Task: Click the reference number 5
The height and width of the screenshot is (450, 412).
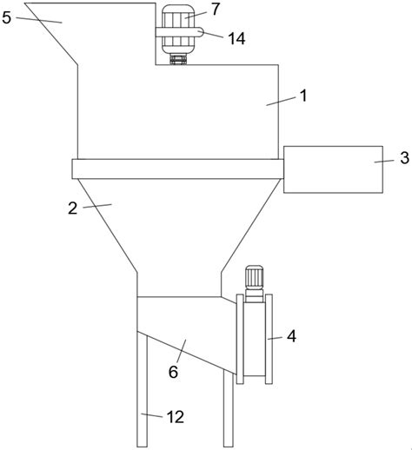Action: pyautogui.click(x=6, y=17)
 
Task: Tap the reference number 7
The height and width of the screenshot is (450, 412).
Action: pyautogui.click(x=216, y=10)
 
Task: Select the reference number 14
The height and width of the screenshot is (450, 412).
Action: pyautogui.click(x=236, y=38)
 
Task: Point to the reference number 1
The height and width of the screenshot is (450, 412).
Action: pyautogui.click(x=303, y=96)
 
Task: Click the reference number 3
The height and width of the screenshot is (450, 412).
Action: pyautogui.click(x=404, y=157)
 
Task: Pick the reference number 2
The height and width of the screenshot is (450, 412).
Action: pyautogui.click(x=73, y=208)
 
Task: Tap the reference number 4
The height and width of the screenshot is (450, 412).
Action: pyautogui.click(x=291, y=336)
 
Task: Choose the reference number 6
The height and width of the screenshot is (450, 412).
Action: pyautogui.click(x=173, y=372)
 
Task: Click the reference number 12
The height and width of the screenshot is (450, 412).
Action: pyautogui.click(x=176, y=417)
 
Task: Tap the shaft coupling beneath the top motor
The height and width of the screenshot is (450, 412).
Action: pyautogui.click(x=178, y=59)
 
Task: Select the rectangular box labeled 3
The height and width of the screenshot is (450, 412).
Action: pyautogui.click(x=333, y=169)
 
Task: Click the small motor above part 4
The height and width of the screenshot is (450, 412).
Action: pyautogui.click(x=254, y=280)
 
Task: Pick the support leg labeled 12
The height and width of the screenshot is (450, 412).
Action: pyautogui.click(x=142, y=389)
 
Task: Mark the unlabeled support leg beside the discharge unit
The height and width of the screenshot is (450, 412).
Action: pyautogui.click(x=229, y=409)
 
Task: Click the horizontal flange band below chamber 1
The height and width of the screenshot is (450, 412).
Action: pyautogui.click(x=177, y=169)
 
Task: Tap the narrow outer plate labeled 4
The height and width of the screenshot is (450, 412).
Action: pyautogui.click(x=269, y=339)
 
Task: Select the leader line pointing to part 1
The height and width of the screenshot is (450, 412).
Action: pyautogui.click(x=282, y=102)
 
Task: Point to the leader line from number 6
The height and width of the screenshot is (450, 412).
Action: pyautogui.click(x=182, y=351)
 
